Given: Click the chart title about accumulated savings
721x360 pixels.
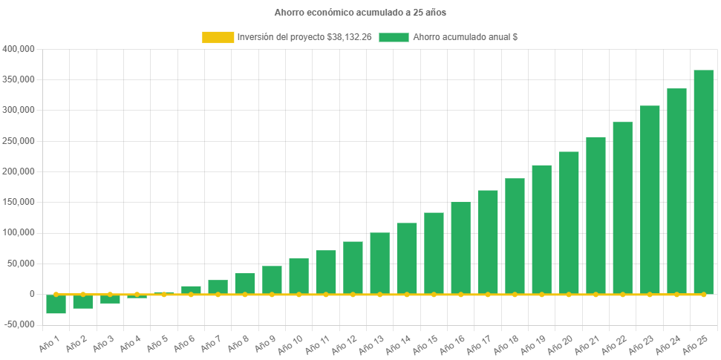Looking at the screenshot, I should click(360, 13).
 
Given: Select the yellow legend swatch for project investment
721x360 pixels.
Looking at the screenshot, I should click(217, 37).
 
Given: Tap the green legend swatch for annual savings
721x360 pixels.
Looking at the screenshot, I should click(394, 37).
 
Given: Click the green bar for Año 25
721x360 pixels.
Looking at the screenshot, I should click(703, 182).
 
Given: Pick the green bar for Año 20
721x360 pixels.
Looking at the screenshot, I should click(569, 223).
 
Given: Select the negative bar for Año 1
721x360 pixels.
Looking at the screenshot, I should click(56, 304).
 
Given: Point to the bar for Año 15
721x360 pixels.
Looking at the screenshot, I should click(434, 253).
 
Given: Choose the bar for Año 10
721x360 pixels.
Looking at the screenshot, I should click(298, 276).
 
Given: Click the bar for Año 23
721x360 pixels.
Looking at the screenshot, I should click(650, 200).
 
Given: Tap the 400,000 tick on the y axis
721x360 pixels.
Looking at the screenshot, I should click(19, 49).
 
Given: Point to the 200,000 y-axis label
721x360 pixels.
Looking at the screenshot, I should click(19, 171).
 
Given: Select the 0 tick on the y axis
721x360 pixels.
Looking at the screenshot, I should click(32, 294).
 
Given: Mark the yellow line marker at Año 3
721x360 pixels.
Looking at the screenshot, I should click(110, 295).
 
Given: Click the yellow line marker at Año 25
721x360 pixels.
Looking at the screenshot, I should click(703, 295).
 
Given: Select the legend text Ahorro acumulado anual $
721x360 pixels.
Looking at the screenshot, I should click(465, 37).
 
